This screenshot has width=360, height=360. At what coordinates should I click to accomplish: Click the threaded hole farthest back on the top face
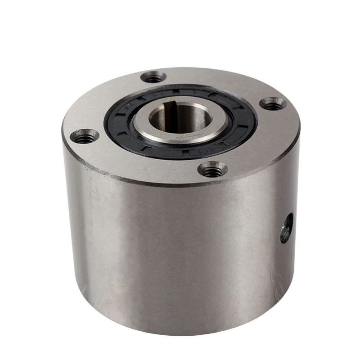[x=154, y=77]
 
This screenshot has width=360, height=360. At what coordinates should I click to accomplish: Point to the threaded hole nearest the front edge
[x=212, y=170]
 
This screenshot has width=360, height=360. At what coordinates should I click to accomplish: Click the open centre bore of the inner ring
[x=173, y=121]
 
